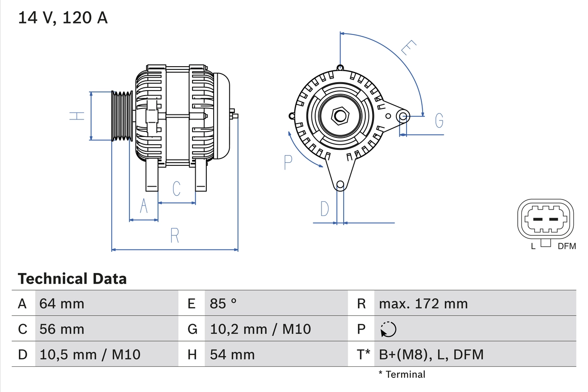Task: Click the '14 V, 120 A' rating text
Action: (x=62, y=17)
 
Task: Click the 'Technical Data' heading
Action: (x=72, y=278)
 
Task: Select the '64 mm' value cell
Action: (x=62, y=303)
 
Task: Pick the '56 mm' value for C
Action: (x=62, y=329)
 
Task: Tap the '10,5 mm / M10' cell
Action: (x=90, y=354)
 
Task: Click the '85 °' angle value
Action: (x=223, y=303)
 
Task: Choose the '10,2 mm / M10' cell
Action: (x=260, y=329)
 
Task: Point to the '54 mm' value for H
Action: (x=232, y=354)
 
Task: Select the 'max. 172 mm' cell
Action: (x=423, y=303)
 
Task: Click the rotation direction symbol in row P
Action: (x=388, y=329)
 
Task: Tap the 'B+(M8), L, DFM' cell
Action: (x=431, y=354)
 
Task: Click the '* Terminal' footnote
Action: (x=402, y=375)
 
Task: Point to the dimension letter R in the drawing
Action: (x=175, y=236)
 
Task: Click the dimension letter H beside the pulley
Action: (x=77, y=116)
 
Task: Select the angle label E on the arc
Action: (x=408, y=48)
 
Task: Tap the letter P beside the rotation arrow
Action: (x=288, y=162)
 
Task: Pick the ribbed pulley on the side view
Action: (x=122, y=116)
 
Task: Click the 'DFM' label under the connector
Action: (x=566, y=246)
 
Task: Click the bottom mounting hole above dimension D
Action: (x=340, y=185)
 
